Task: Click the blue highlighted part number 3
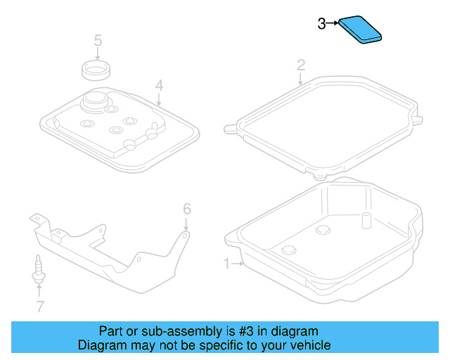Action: [363, 30]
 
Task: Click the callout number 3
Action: [321, 24]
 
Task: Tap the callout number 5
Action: [98, 40]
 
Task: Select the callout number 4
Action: [160, 86]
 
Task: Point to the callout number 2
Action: [301, 65]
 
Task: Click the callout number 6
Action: [187, 209]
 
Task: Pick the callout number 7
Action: [39, 306]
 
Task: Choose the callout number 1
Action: [227, 264]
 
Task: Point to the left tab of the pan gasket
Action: [229, 129]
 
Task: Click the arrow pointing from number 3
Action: [333, 24]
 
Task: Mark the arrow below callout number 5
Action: [98, 54]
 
